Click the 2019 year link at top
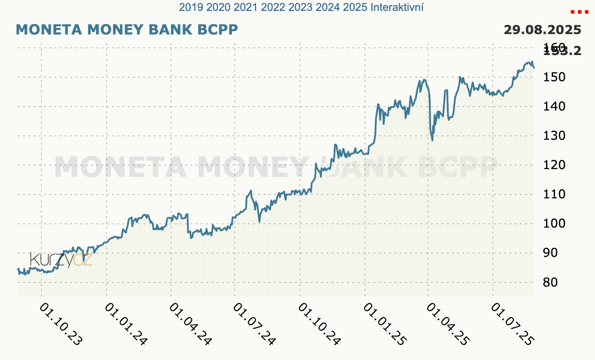coord(188,7)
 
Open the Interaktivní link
coord(397,7)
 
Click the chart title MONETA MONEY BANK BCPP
coord(127,30)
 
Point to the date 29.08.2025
coord(542,30)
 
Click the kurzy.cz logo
coord(61,260)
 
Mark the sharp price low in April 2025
coord(432,140)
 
